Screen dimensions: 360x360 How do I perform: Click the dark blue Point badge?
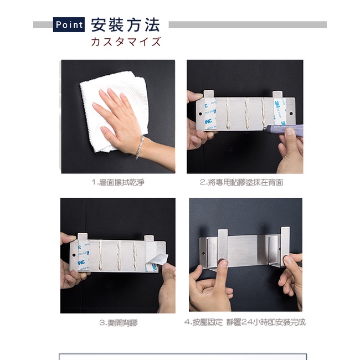69,24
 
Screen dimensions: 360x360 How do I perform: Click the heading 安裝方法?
125,25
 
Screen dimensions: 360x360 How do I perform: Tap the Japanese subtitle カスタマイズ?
126,42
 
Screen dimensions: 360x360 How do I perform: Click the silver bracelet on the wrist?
140,147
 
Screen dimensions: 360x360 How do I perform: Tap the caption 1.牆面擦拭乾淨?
118,182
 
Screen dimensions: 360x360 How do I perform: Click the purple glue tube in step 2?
284,130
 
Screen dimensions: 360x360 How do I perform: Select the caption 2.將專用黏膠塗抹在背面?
241,182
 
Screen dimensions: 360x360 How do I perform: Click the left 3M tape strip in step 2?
210,114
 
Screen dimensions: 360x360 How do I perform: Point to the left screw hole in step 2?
200,114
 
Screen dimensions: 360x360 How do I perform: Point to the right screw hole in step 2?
291,114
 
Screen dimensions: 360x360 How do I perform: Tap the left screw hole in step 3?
74,255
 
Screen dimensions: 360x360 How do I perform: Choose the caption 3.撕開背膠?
118,323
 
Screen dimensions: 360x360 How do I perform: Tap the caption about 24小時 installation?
245,322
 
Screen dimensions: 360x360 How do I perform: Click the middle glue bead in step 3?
119,256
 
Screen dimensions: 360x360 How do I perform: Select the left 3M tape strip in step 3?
83,255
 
